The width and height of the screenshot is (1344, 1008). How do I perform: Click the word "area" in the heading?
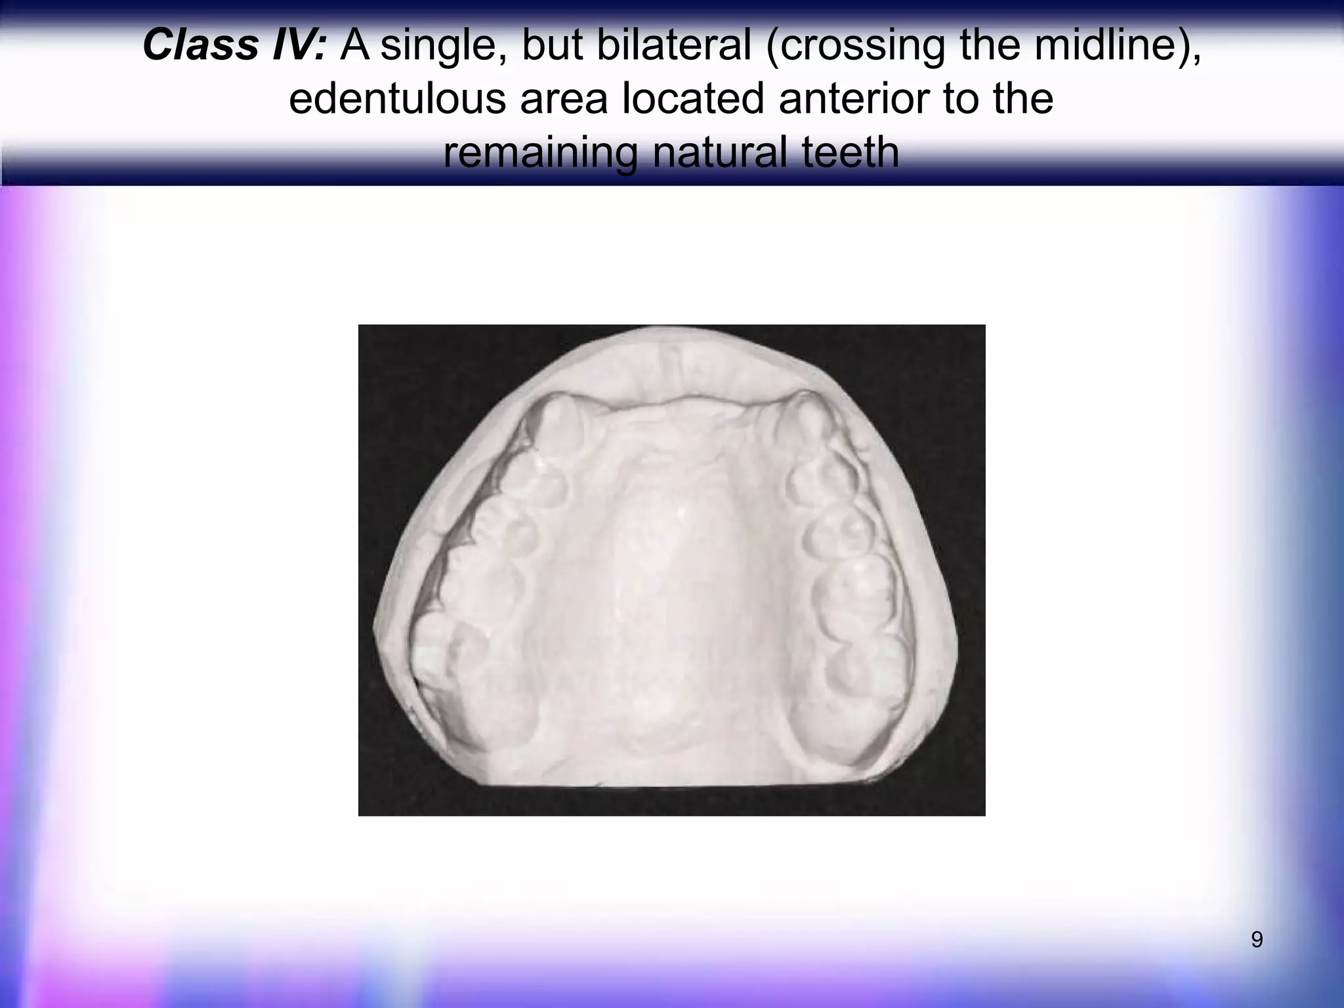coord(564,100)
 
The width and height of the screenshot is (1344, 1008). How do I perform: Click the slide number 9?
coord(1256,940)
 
